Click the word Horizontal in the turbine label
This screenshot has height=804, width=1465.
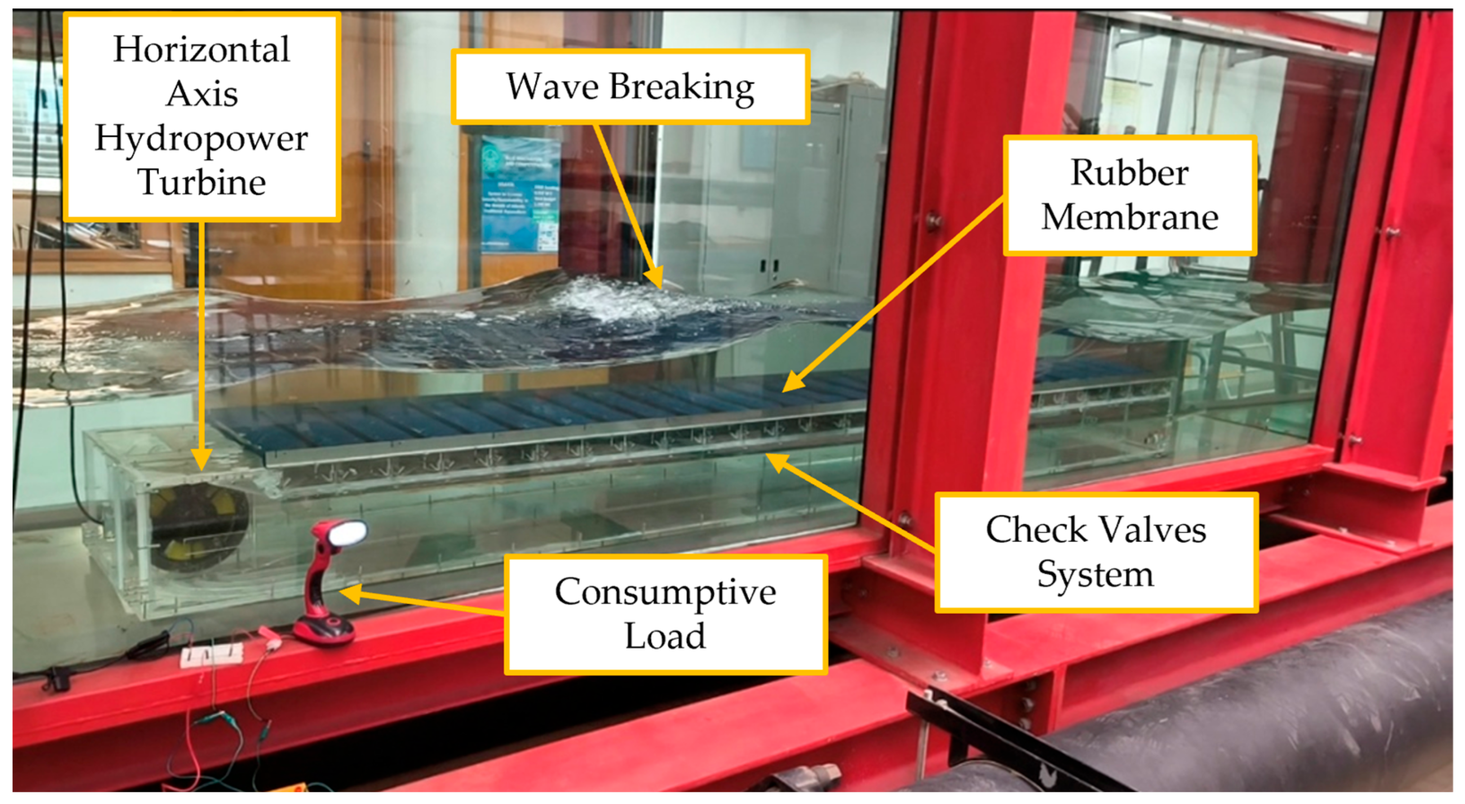[x=201, y=50]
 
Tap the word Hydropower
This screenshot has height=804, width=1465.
[x=201, y=139]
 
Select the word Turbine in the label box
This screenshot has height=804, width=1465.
[x=201, y=182]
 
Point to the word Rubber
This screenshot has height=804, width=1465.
[x=1129, y=172]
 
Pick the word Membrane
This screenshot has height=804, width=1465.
[x=1129, y=217]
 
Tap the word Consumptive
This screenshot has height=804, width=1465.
[x=665, y=592]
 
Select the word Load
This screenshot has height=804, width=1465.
[x=665, y=636]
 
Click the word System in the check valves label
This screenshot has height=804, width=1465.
[x=1095, y=574]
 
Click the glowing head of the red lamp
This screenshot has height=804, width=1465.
[x=347, y=533]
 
